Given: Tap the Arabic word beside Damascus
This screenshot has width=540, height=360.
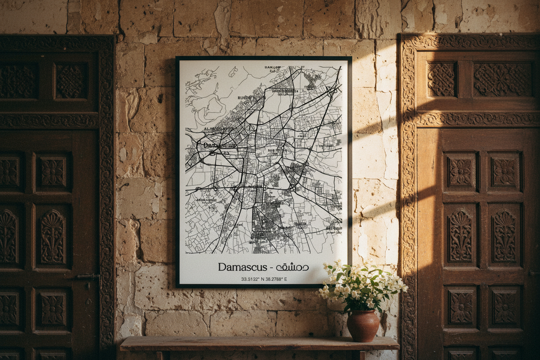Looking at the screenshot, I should [x=292, y=267].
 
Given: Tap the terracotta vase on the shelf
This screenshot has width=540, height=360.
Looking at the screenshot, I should [x=363, y=325].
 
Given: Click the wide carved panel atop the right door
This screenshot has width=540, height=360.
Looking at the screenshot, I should [x=502, y=79].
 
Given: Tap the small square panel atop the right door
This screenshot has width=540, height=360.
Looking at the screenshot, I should [x=441, y=79].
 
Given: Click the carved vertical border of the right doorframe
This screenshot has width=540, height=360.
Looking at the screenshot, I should [x=408, y=195].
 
